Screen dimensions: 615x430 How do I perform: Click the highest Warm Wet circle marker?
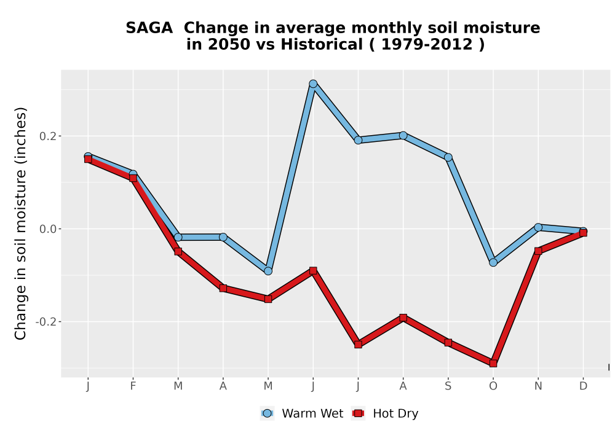(313, 84)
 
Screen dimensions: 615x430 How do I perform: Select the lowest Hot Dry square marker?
(493, 364)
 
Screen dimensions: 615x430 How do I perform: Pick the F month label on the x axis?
(133, 386)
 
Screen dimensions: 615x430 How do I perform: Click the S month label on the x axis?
(448, 386)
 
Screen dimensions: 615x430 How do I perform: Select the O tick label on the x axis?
(493, 386)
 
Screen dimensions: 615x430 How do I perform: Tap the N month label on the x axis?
(538, 386)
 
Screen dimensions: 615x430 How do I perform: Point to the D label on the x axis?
(583, 386)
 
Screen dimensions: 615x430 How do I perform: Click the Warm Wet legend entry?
(301, 413)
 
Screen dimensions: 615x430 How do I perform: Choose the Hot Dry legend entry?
(385, 413)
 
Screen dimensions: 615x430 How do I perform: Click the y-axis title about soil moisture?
(20, 224)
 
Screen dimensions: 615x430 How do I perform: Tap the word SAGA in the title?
(149, 28)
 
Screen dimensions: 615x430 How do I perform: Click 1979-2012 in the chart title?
(427, 45)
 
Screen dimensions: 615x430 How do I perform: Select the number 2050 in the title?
(229, 45)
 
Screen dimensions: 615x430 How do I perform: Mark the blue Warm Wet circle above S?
(448, 157)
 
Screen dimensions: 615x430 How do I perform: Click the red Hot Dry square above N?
(538, 251)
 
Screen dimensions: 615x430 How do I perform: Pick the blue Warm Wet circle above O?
(493, 262)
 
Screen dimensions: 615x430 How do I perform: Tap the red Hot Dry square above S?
(448, 343)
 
